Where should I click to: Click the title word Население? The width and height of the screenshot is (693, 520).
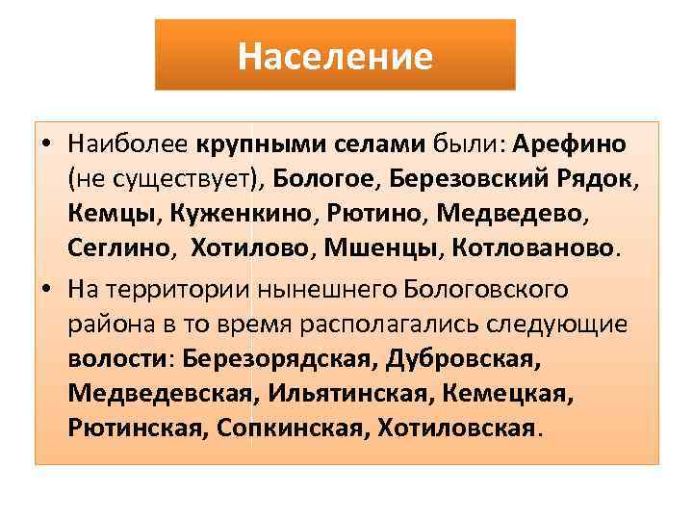pyautogui.click(x=335, y=56)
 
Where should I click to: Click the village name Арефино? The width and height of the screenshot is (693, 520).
pyautogui.click(x=570, y=143)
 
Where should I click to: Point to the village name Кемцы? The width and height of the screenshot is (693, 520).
pyautogui.click(x=105, y=213)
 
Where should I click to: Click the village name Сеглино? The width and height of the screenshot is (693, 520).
pyautogui.click(x=120, y=248)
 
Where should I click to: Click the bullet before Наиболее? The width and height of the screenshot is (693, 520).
pyautogui.click(x=46, y=144)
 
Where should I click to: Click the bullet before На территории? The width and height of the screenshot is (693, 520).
pyautogui.click(x=46, y=290)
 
